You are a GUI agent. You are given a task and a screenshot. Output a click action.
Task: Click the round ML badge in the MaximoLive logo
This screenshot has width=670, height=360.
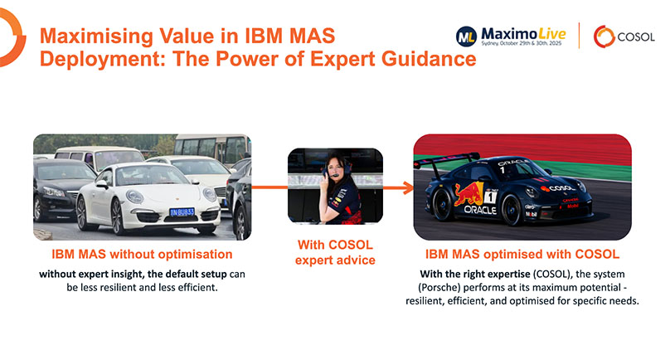466,35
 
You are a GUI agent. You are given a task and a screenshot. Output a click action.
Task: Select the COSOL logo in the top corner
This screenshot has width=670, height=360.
624,36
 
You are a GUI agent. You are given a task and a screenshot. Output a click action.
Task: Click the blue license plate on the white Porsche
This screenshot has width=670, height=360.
182,212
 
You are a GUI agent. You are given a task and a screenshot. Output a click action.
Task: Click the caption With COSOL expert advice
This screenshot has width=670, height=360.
334,253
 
